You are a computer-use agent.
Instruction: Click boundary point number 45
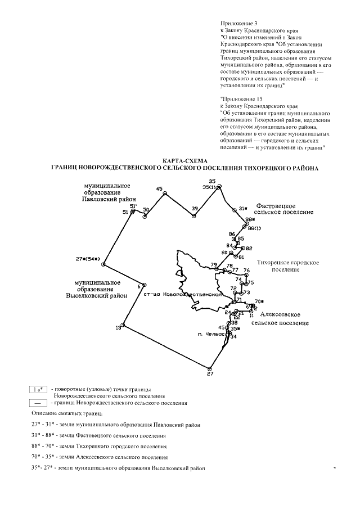click(165, 193)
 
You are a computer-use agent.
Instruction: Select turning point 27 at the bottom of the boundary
click(211, 368)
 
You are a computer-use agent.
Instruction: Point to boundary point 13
click(123, 325)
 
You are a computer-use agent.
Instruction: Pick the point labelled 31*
click(234, 210)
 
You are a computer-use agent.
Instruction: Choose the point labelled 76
click(246, 275)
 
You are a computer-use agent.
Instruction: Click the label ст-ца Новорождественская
click(181, 295)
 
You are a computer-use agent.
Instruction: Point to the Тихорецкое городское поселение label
click(288, 265)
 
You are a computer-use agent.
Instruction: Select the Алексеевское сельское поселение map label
click(280, 318)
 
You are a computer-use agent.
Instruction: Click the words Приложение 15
click(239, 98)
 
